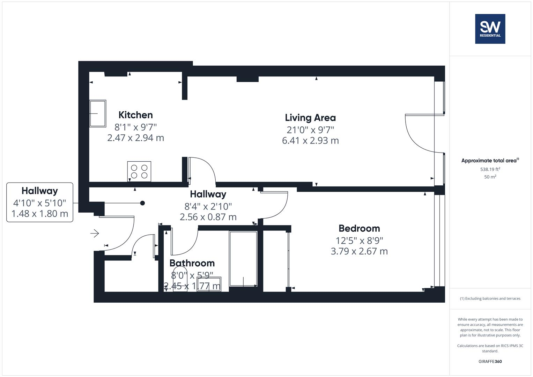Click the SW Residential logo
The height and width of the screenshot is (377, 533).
(490, 29)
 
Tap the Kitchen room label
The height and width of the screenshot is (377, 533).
(135, 115)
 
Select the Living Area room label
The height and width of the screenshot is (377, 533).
(310, 118)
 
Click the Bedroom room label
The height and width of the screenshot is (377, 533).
(359, 228)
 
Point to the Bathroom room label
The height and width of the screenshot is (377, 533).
(192, 263)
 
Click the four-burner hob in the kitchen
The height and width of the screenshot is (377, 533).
(139, 171)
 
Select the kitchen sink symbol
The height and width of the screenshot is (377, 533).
(98, 113)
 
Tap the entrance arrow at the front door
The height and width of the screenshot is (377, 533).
(95, 233)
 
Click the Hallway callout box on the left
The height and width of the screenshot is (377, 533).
(40, 202)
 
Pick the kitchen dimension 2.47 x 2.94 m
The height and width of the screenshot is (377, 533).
(135, 138)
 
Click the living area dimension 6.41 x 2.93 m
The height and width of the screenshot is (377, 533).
(310, 141)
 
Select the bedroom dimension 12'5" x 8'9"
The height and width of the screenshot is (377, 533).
(359, 241)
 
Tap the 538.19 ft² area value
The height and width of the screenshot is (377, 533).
(490, 169)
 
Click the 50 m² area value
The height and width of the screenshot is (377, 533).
(490, 177)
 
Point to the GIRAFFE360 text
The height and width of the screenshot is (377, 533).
(490, 361)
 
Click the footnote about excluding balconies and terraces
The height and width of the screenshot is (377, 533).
(490, 298)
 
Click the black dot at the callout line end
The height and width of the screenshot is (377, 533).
(142, 203)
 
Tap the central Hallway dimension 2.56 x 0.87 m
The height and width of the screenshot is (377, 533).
(208, 217)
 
